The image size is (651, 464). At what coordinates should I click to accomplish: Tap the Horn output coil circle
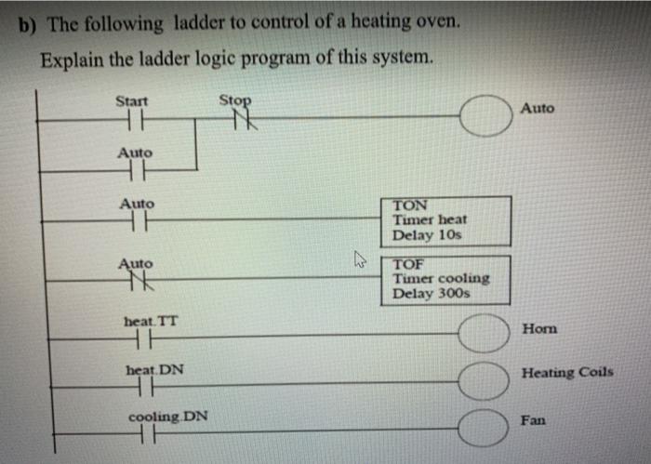pyautogui.click(x=484, y=335)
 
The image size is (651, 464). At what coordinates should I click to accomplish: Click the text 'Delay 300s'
pyautogui.click(x=431, y=294)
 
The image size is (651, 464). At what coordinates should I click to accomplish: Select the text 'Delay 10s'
pyautogui.click(x=427, y=235)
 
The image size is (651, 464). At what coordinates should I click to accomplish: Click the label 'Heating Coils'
pyautogui.click(x=567, y=372)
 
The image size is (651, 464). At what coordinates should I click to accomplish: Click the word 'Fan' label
pyautogui.click(x=533, y=420)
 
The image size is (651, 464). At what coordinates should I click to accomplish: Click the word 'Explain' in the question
pyautogui.click(x=68, y=59)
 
